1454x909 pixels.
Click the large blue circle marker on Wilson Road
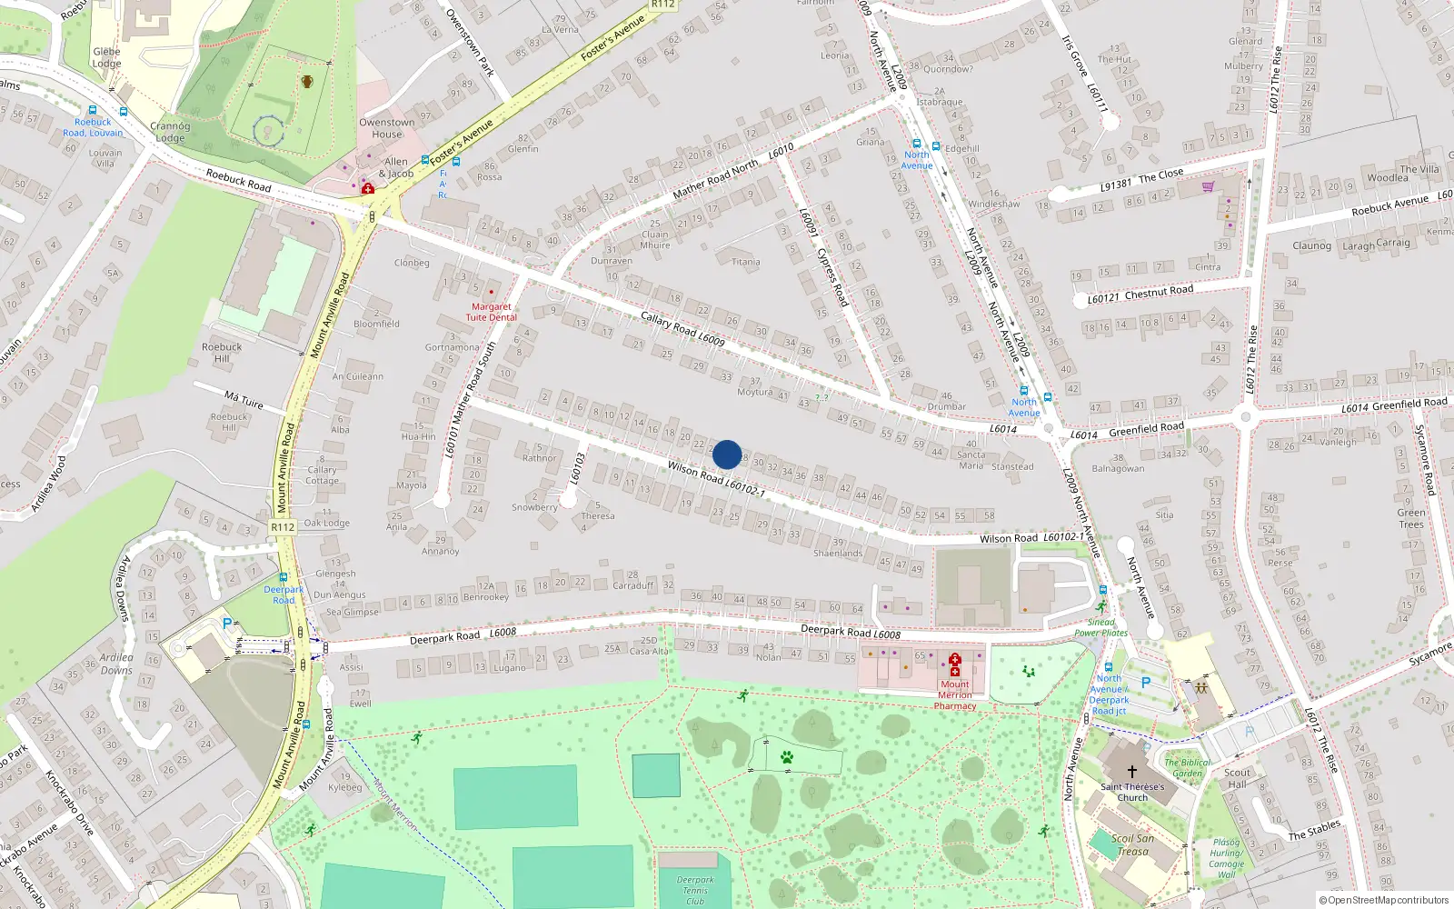pos(727,454)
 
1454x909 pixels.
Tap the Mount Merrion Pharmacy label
pos(955,695)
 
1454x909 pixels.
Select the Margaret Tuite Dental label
pos(492,312)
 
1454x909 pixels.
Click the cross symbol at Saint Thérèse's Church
pos(1131,772)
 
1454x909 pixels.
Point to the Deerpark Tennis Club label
pos(695,890)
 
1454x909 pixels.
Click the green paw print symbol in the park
pos(787,757)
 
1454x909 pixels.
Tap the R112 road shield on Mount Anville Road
pos(283,527)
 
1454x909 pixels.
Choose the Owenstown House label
pos(386,128)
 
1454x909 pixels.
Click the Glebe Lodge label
pos(106,57)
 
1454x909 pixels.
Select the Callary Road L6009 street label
pos(682,329)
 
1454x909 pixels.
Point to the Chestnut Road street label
pos(1159,292)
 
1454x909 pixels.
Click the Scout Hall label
pos(1237,778)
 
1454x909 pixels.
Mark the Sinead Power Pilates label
pos(1100,627)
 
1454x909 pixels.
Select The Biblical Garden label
pos(1187,768)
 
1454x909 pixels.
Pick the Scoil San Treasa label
pos(1133,844)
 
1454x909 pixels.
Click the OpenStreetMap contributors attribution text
pos(1383,900)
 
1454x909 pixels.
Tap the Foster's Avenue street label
pos(612,39)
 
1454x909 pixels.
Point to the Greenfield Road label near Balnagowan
pos(1146,428)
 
